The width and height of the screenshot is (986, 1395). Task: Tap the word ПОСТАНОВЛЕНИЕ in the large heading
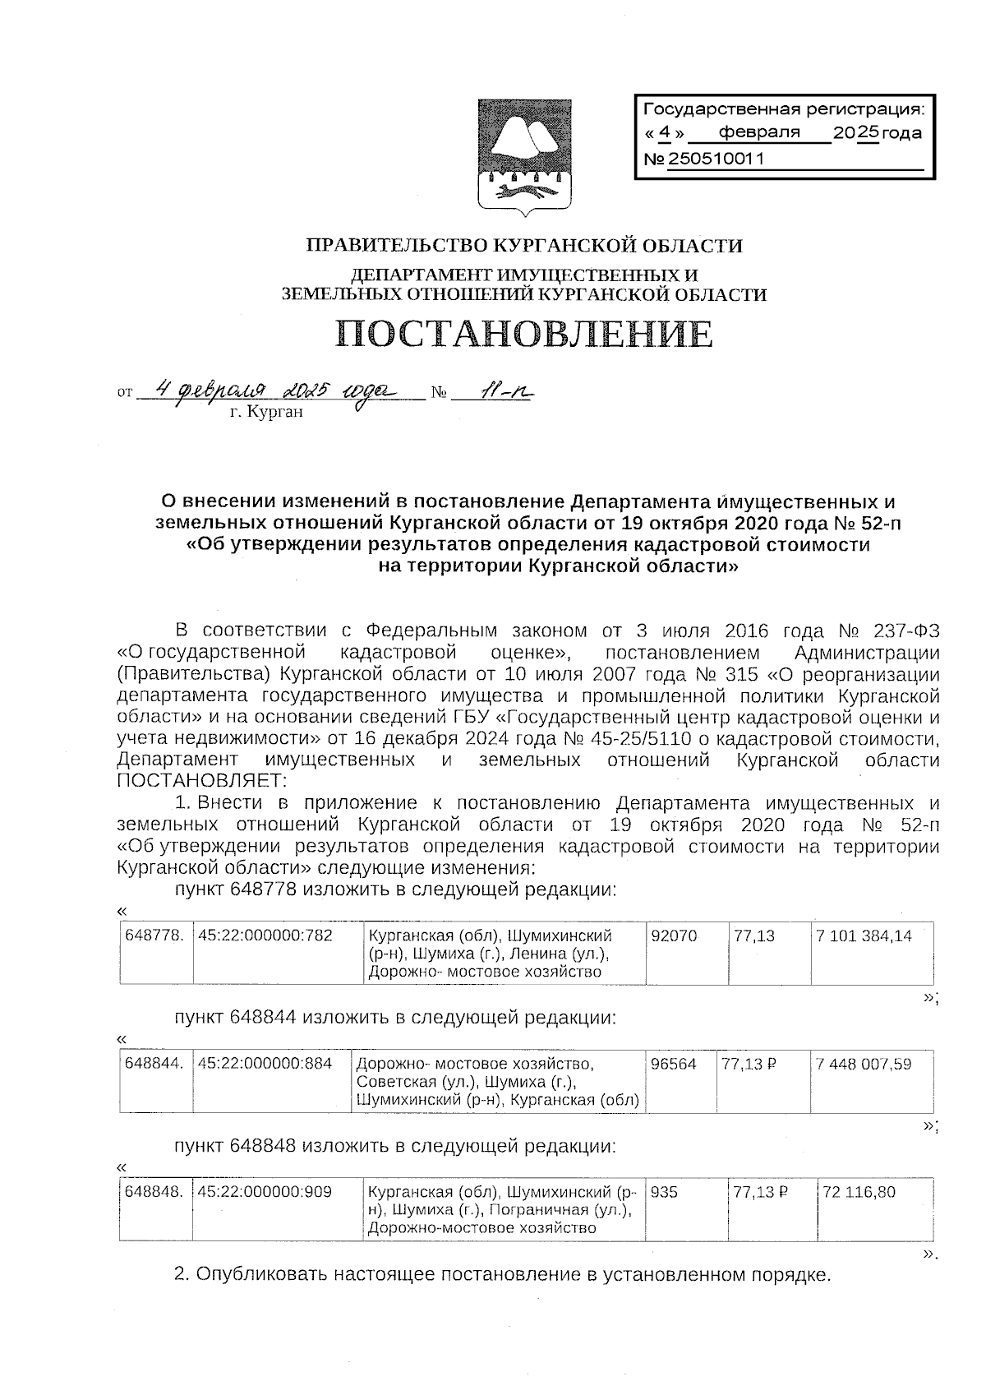[x=523, y=335]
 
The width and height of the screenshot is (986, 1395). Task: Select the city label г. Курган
[x=266, y=413]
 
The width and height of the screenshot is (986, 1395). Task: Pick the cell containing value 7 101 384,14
[x=864, y=936]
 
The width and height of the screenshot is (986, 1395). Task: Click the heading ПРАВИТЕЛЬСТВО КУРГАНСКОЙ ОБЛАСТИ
[x=524, y=245]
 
